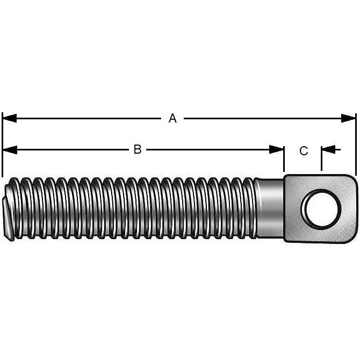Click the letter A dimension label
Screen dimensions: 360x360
coord(172,118)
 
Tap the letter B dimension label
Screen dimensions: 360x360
coord(138,149)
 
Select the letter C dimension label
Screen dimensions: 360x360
coord(304,151)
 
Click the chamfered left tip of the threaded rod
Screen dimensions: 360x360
coord(8,210)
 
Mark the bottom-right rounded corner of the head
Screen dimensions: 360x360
coord(352,236)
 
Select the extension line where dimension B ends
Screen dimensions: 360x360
coord(284,161)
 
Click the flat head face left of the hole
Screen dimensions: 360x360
coord(292,207)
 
